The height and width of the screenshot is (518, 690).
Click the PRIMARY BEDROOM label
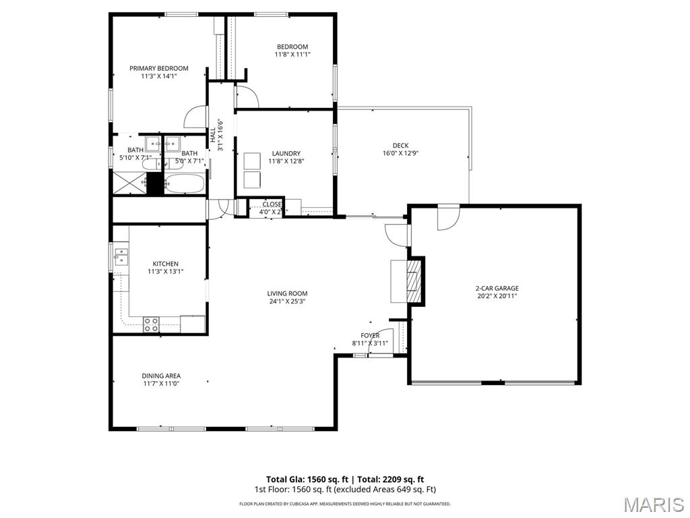(159, 68)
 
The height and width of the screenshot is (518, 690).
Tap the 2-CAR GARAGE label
(497, 288)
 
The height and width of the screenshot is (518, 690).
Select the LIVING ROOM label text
(287, 293)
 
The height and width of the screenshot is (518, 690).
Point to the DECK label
(400, 146)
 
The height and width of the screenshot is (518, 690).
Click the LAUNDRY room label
(286, 154)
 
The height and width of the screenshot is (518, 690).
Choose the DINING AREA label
(161, 376)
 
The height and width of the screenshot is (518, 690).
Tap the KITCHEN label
(165, 264)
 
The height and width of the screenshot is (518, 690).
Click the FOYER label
(370, 335)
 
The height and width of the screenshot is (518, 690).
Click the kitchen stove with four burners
(151, 324)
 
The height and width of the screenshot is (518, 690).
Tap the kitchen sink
(121, 257)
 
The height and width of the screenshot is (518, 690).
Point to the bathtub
(185, 184)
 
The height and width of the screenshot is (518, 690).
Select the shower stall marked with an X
(129, 183)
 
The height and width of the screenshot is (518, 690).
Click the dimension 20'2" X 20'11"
(497, 296)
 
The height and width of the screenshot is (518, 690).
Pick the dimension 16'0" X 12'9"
(400, 154)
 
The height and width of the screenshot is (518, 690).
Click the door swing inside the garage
(447, 218)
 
